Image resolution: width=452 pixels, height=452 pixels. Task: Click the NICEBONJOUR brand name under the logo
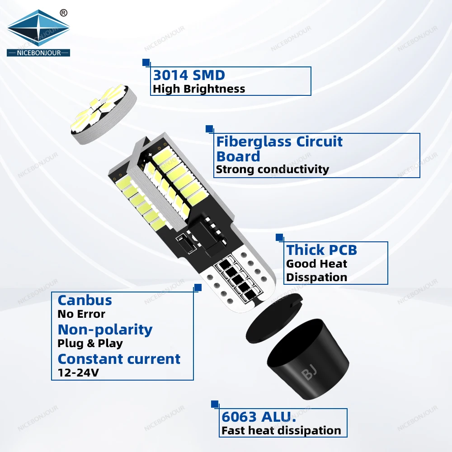(38, 53)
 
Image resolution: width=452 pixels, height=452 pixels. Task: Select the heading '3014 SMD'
(189, 75)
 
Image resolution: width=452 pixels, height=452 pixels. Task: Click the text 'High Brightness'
(199, 89)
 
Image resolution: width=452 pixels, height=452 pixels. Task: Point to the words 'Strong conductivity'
(273, 169)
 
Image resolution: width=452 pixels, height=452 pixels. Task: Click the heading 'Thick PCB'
(321, 250)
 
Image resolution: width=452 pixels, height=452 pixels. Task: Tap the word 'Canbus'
(85, 300)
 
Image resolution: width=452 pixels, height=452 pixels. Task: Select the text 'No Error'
(81, 314)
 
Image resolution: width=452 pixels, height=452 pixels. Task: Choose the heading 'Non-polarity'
(105, 330)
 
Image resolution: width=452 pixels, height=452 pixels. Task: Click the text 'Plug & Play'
(90, 343)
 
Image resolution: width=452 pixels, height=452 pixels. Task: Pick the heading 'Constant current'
(119, 359)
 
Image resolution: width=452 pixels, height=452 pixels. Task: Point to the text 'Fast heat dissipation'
(281, 431)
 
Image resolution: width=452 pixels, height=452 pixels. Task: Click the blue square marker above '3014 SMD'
(146, 62)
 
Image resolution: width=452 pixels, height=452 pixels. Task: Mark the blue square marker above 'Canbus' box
(198, 287)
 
